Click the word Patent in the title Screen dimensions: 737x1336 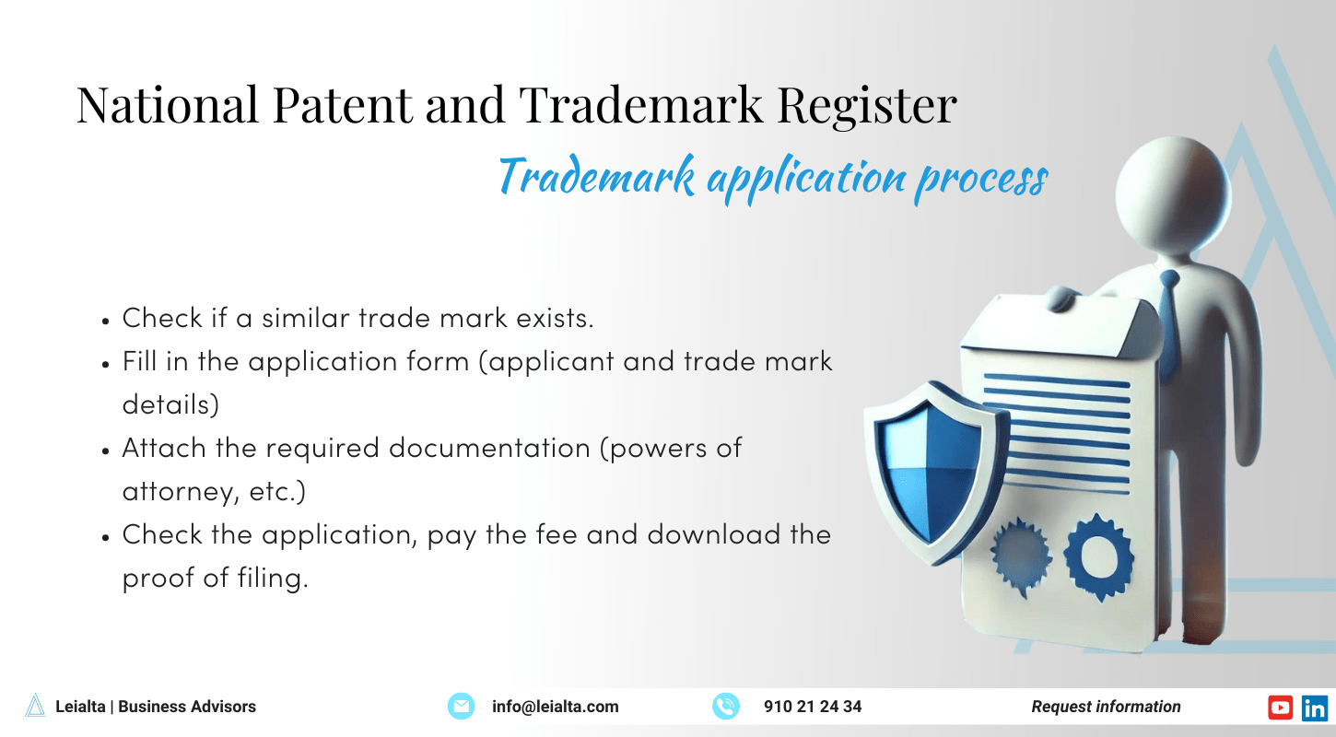click(340, 106)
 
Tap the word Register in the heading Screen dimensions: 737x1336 click(866, 106)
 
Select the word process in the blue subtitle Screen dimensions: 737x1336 click(980, 177)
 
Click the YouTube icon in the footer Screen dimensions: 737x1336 click(1281, 707)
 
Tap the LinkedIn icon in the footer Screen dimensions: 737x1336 click(1315, 707)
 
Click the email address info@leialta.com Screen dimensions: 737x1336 click(555, 707)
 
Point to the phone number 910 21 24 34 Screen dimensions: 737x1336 click(813, 707)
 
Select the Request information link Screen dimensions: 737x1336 click(1106, 707)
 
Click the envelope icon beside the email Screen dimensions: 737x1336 click(461, 707)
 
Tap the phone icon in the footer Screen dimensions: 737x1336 click(726, 707)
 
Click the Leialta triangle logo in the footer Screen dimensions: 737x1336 click(35, 706)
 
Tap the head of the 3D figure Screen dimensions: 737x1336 click(1173, 198)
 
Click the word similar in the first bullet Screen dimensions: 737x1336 click(306, 318)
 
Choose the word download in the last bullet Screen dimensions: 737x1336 click(715, 535)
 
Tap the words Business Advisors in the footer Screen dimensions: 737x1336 click(187, 707)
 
